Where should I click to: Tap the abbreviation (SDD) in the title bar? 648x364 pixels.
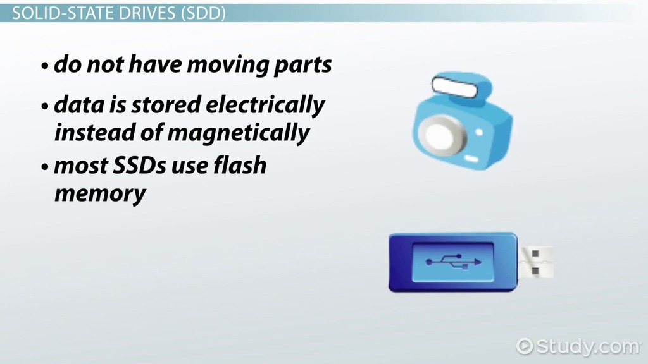[x=203, y=14]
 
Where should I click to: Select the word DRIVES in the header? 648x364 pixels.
[x=147, y=14]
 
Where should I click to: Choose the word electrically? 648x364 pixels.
[x=265, y=106]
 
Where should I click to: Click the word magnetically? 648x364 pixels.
[x=238, y=133]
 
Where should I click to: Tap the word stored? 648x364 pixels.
[x=166, y=105]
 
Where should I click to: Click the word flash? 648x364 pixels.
[x=240, y=165]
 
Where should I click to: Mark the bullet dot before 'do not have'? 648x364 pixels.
[x=45, y=66]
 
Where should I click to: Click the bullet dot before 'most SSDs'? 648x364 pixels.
[x=45, y=167]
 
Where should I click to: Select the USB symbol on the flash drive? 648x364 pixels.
[x=453, y=262]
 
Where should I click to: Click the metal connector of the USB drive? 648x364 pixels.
[x=535, y=262]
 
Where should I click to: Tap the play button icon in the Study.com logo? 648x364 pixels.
[x=525, y=346]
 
